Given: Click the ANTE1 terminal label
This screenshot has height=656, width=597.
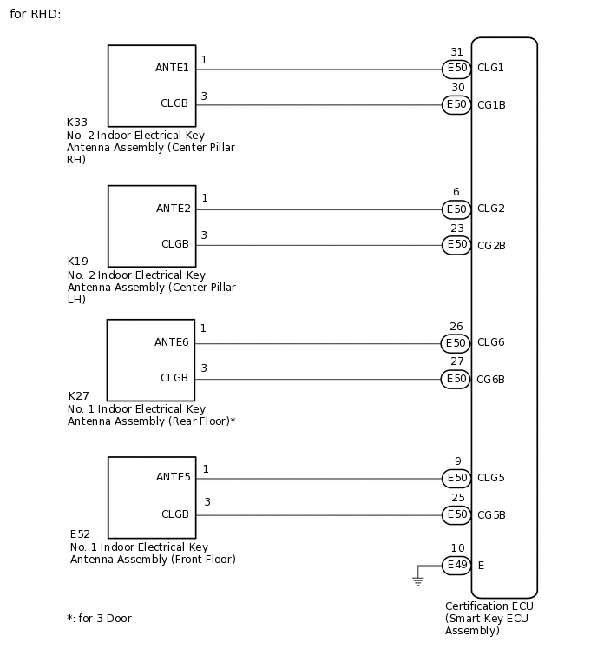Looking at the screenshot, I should click(172, 68).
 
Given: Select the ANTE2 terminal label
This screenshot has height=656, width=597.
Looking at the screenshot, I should click(173, 209).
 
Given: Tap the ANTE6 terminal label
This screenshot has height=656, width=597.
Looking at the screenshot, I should click(171, 342).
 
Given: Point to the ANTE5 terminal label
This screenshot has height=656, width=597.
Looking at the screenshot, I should click(173, 477).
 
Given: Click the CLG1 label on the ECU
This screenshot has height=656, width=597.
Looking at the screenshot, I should click(490, 68).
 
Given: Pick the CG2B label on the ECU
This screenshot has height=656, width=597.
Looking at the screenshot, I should click(491, 246).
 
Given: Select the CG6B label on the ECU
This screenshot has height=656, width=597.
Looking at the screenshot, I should click(491, 380).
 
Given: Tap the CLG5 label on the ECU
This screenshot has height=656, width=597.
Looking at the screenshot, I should click(490, 478).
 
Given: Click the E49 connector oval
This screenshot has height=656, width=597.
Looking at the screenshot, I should click(456, 566).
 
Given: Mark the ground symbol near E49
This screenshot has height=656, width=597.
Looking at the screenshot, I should click(417, 580).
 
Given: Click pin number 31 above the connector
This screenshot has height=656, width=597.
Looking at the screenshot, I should click(456, 52).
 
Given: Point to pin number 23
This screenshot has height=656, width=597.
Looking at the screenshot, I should click(456, 229).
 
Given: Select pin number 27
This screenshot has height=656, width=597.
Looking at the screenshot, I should click(456, 362).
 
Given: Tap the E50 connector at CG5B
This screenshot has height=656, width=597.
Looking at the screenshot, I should click(456, 515).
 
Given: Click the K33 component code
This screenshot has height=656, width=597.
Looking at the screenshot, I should click(77, 123).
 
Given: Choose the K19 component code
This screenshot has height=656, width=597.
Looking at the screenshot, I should click(77, 262).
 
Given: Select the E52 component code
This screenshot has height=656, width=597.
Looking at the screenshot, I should click(80, 534).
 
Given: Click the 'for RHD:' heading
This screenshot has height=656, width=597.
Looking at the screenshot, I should click(36, 15).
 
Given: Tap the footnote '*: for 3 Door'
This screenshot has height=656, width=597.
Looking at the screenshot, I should click(99, 619).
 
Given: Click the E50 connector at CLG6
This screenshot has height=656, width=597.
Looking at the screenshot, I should click(456, 343).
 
